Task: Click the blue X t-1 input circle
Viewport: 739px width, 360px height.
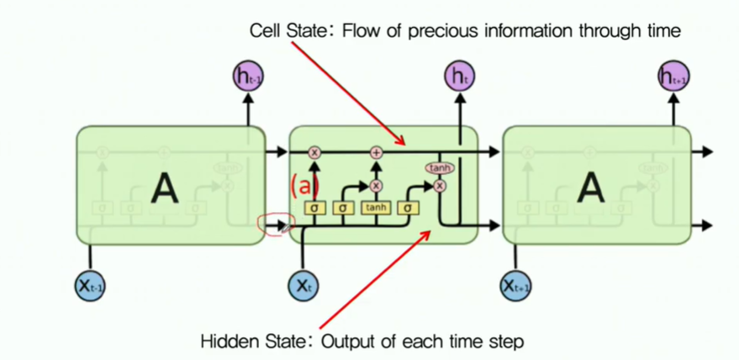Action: coord(90,286)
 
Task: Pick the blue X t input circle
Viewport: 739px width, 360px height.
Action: coord(304,286)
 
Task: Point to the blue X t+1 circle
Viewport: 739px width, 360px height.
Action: coord(515,286)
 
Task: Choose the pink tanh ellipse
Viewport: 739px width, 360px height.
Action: coord(439,169)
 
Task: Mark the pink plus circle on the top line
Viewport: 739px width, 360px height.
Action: coord(377,152)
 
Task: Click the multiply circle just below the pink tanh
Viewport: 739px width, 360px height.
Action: coord(439,185)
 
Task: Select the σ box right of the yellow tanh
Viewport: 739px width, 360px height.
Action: coord(409,208)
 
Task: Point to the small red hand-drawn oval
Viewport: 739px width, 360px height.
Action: coord(272,224)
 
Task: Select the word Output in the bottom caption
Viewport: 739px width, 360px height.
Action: coord(353,341)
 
